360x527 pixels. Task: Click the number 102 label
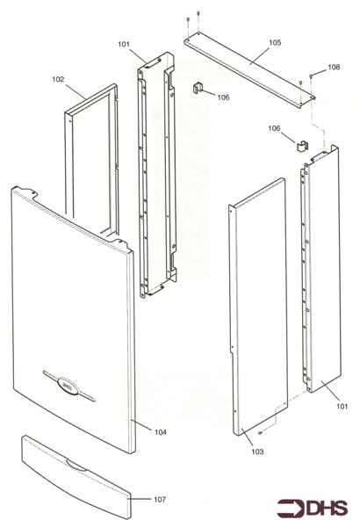tap(58, 79)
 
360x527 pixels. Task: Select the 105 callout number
tap(275, 43)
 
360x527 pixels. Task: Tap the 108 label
tap(334, 68)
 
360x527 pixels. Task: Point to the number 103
tap(257, 451)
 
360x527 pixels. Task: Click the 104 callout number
tap(161, 432)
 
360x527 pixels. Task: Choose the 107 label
tap(160, 500)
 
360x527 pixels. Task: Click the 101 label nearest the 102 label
tap(124, 45)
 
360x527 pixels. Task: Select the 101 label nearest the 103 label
tap(342, 407)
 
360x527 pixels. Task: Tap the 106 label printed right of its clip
tap(223, 97)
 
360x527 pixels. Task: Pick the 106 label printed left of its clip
tap(274, 128)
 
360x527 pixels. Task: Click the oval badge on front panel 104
tap(68, 386)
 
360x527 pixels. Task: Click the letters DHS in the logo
tap(327, 509)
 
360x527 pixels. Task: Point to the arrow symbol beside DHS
tap(292, 509)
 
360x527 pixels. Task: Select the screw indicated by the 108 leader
tap(312, 76)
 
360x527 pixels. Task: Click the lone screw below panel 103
tap(260, 433)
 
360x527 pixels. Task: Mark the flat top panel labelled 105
tap(249, 72)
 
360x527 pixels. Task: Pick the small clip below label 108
tap(303, 147)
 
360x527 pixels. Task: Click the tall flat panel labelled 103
tap(259, 307)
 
